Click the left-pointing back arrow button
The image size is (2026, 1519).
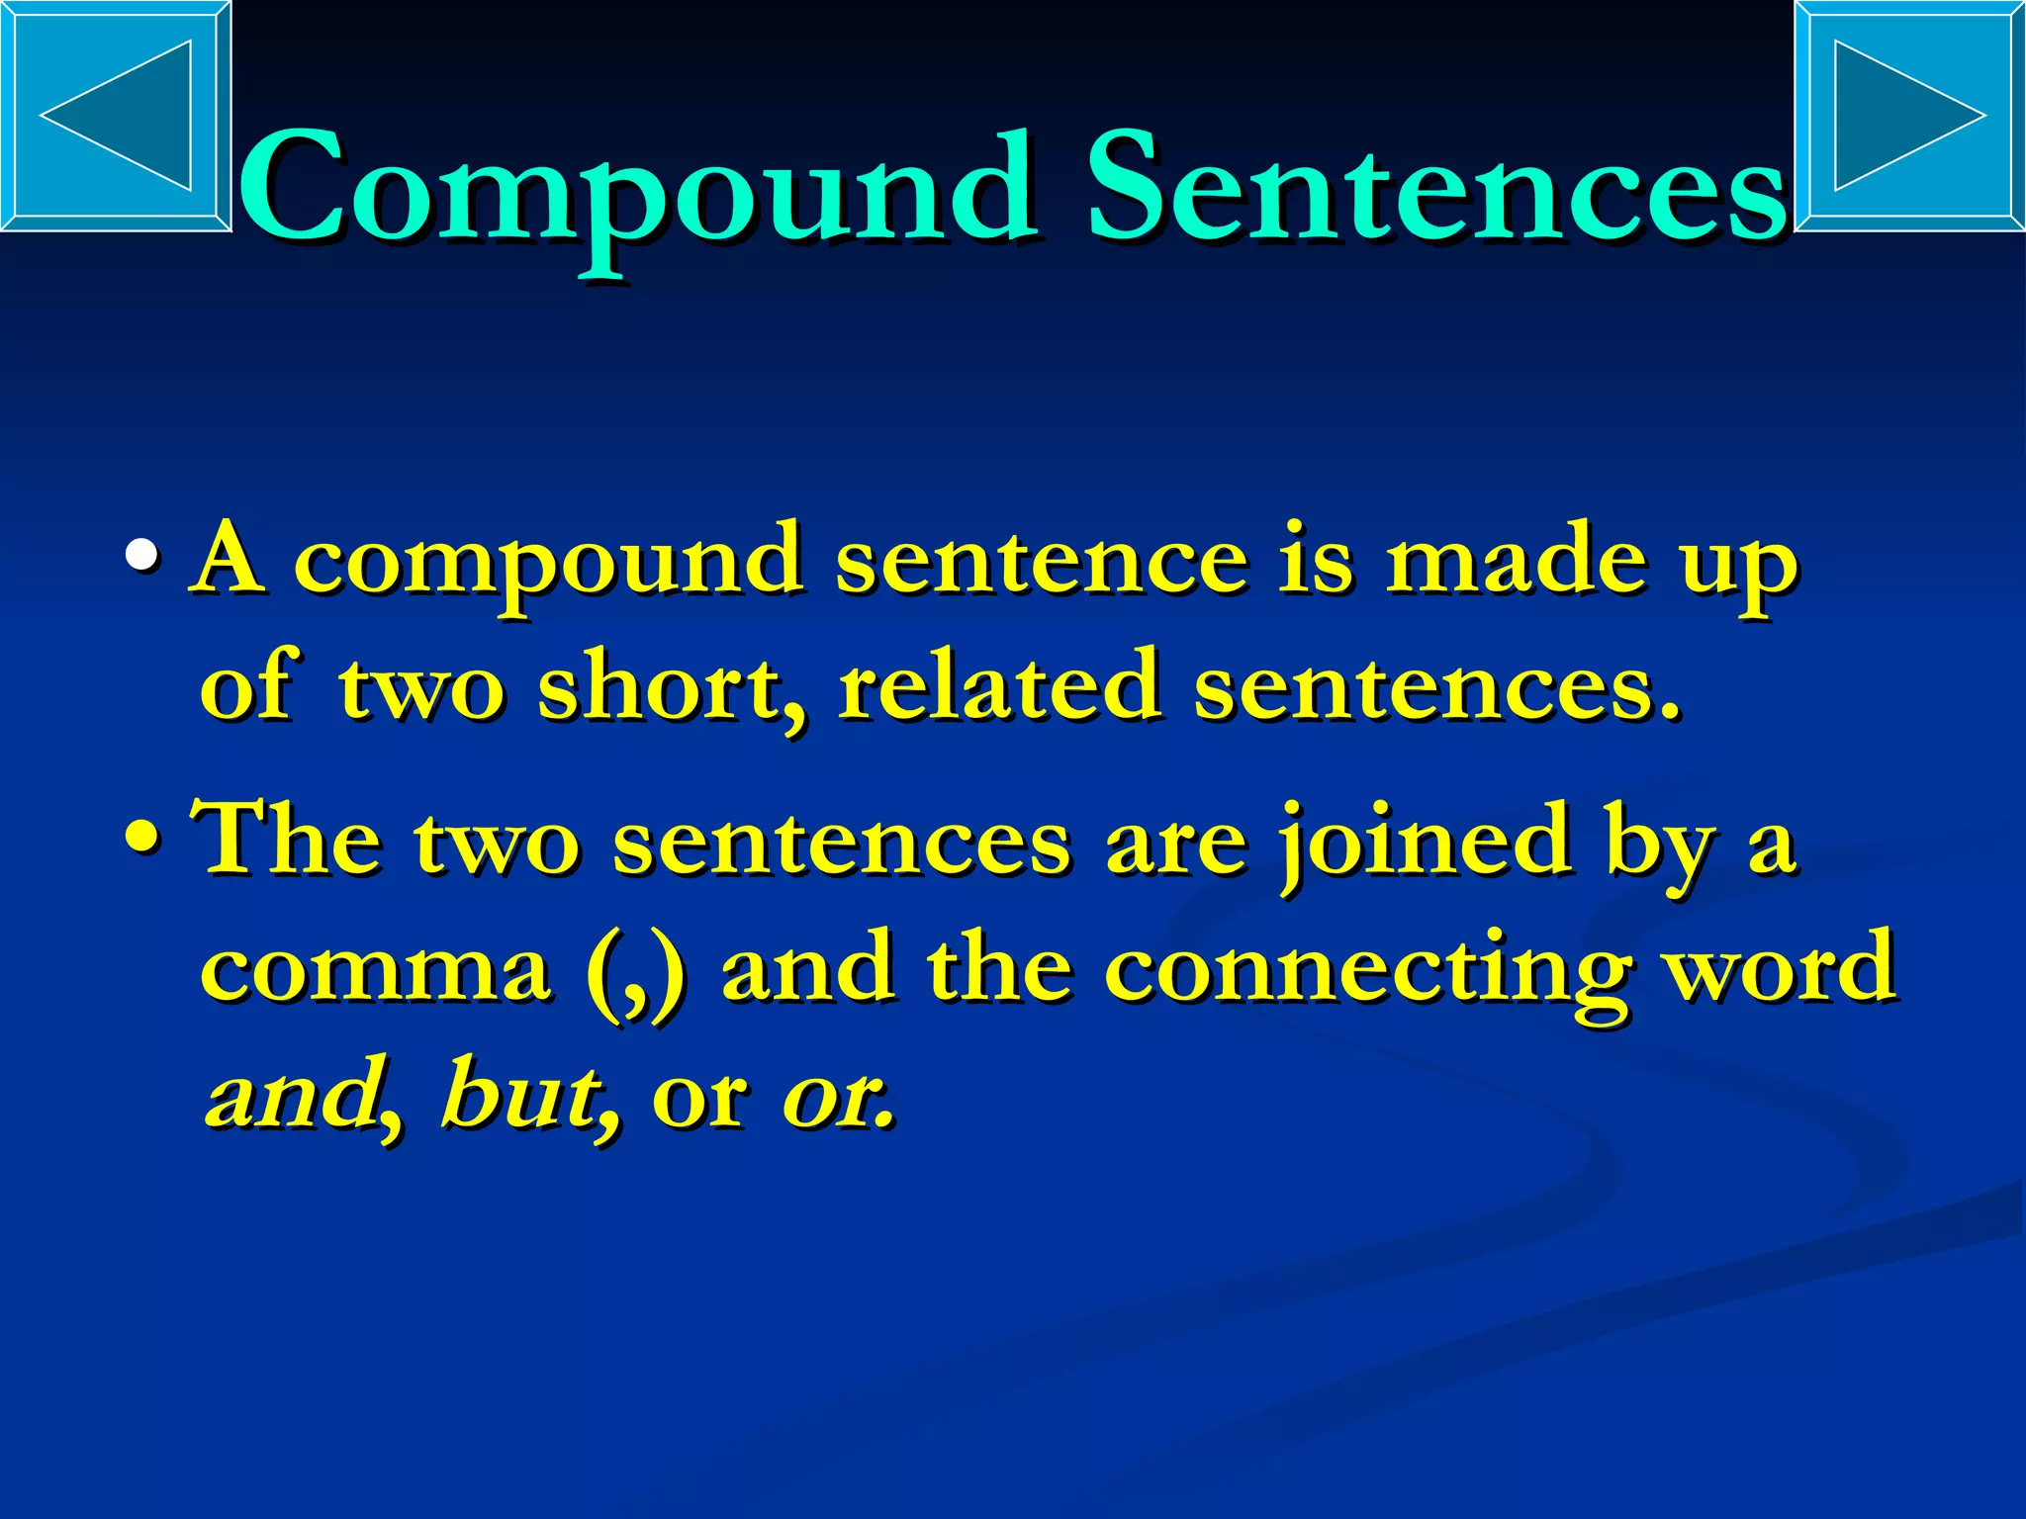pos(116,116)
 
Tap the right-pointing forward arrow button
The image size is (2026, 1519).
pos(1909,116)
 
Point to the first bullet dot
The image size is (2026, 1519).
pos(142,559)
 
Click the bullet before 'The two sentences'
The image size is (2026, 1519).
pos(142,840)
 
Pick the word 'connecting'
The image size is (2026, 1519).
pos(1366,969)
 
